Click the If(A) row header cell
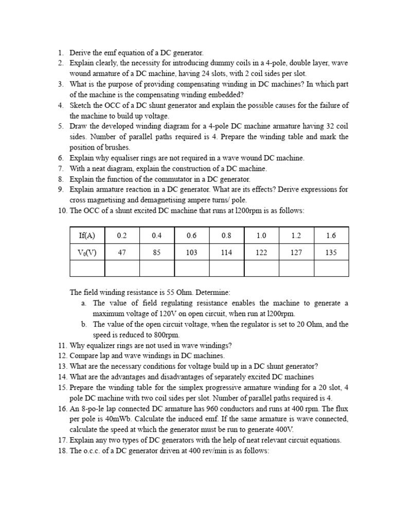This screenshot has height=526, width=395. point(87,235)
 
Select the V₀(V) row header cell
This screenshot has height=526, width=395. point(87,252)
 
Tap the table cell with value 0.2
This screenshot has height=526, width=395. point(122,235)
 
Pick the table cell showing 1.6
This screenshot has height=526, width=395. point(331,235)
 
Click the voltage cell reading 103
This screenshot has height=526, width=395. point(192,252)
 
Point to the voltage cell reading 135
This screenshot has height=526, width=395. point(331,252)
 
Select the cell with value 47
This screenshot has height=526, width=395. point(122,252)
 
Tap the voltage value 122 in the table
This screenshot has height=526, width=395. point(261,252)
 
